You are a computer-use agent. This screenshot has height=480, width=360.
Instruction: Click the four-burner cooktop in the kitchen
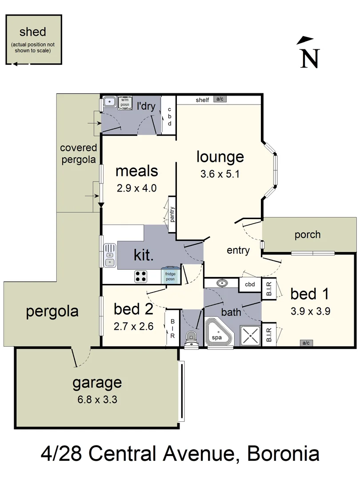click(x=141, y=276)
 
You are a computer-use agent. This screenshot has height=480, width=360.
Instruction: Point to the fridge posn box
click(x=171, y=276)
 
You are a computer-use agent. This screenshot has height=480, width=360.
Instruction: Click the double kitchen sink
click(x=109, y=256)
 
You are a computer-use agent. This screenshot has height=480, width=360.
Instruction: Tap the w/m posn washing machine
click(x=124, y=103)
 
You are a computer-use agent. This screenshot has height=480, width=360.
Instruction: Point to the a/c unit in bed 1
click(x=306, y=343)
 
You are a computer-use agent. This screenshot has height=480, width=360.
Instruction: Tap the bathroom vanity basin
click(x=221, y=283)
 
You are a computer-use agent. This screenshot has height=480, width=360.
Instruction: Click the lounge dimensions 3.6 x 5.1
click(x=220, y=174)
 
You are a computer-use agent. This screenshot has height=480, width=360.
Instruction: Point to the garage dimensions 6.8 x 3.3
click(x=97, y=399)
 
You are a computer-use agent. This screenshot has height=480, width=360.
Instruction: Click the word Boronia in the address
click(x=283, y=454)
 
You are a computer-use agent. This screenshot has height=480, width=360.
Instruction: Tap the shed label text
click(x=33, y=32)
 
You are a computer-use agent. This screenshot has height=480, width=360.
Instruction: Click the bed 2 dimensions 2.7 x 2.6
click(x=134, y=326)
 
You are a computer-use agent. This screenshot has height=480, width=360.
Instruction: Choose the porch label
click(x=307, y=234)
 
